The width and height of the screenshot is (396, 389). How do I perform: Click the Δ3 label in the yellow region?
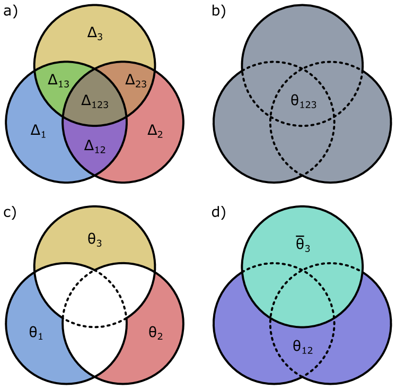pos(94,33)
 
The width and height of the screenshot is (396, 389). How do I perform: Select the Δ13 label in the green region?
pos(58,80)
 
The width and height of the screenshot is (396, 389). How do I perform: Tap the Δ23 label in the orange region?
pos(136,80)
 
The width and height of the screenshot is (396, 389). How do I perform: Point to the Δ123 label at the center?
pos(94,100)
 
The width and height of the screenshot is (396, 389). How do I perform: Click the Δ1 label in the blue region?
pos(38,131)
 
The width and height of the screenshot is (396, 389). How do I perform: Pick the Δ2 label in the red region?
pos(155,131)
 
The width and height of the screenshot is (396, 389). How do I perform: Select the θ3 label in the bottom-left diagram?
pos(94,240)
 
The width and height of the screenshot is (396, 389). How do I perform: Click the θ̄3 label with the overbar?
pos(303,245)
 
